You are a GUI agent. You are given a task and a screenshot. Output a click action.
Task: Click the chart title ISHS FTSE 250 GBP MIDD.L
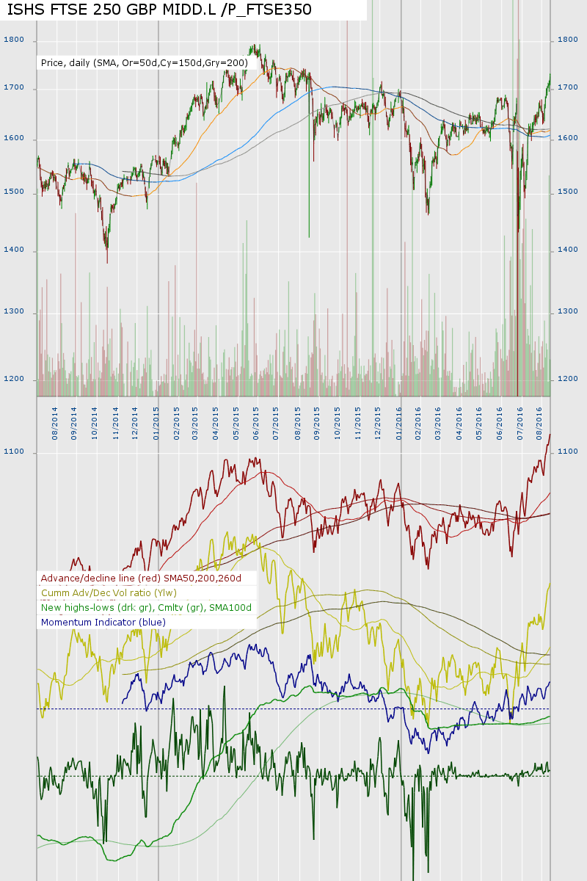coord(159,10)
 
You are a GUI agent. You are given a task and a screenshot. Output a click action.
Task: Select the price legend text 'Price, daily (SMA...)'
coord(145,63)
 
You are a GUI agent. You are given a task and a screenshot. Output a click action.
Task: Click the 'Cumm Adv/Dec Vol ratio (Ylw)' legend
coord(109,592)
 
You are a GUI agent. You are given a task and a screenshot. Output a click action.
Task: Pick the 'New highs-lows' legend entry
coord(146,607)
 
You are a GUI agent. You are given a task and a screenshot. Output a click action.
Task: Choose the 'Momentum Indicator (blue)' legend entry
coord(103,622)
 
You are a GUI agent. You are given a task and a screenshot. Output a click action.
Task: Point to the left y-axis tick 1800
coord(14,40)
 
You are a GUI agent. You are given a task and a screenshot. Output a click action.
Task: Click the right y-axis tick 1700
coord(568,87)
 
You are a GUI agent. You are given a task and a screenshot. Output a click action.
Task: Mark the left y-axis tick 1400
coord(14,250)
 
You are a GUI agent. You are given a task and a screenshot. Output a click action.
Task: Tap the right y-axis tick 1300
coord(568,312)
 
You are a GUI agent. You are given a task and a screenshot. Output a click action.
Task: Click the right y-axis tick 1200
coord(568,379)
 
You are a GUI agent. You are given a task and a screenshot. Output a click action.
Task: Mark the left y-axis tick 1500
coord(14,192)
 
